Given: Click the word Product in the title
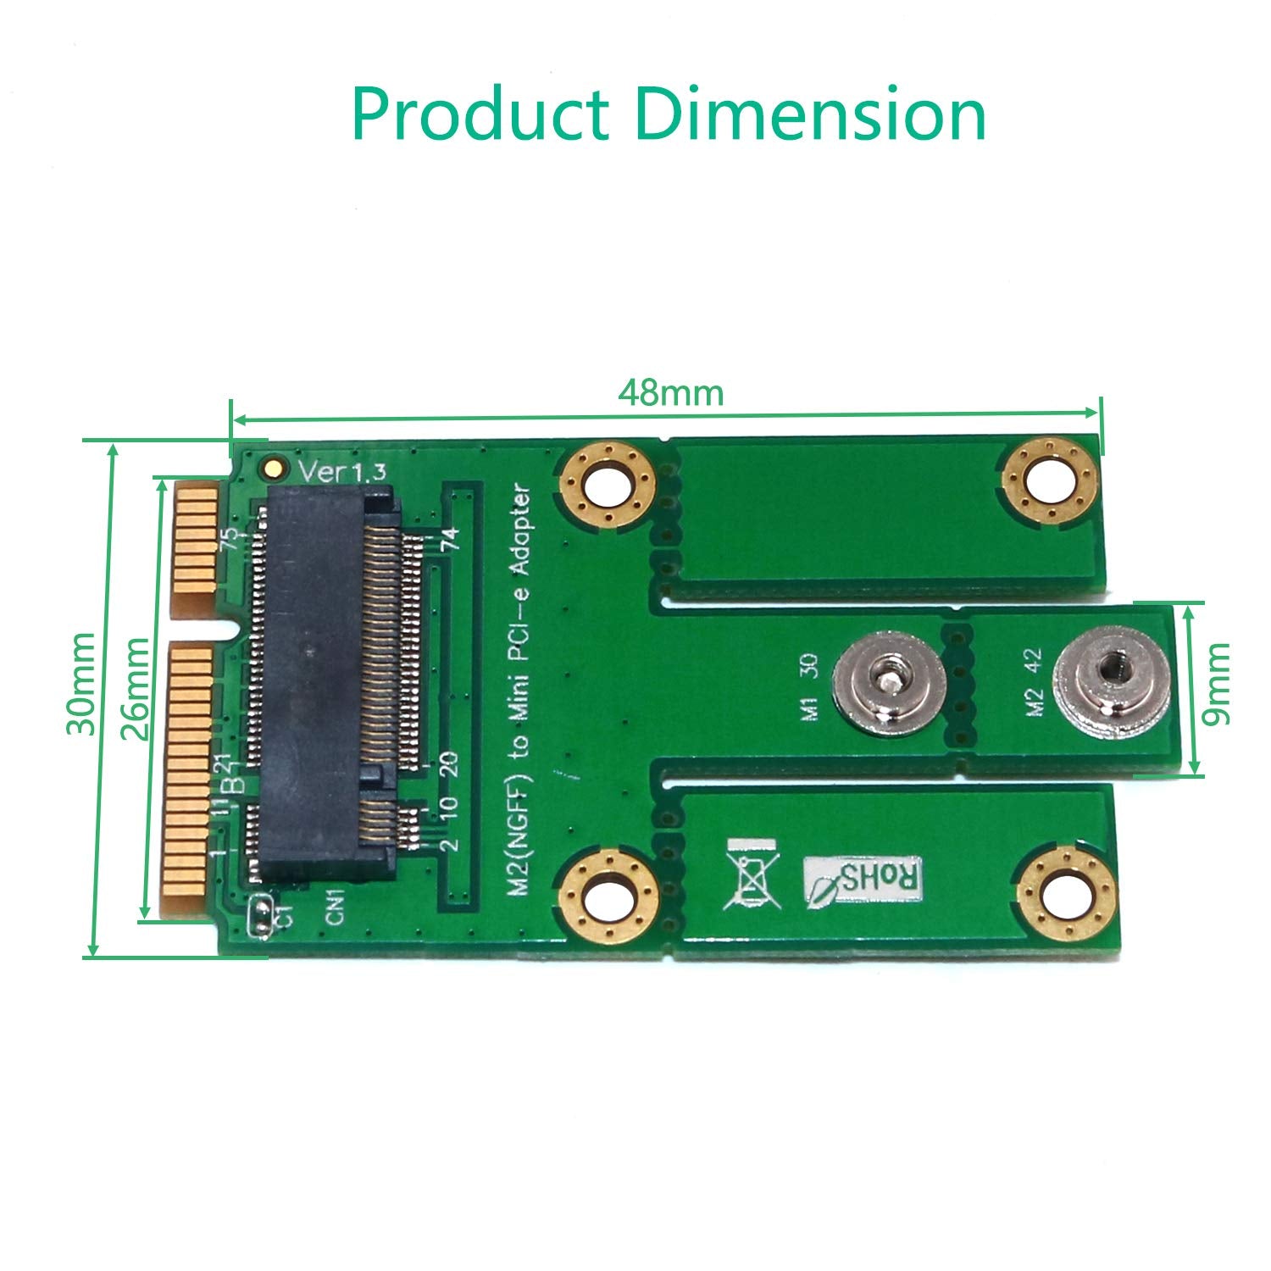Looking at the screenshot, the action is point(480,114).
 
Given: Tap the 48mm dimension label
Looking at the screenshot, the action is point(670,392).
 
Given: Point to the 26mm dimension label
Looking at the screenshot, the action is point(136,688).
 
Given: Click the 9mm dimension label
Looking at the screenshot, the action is point(1216,684).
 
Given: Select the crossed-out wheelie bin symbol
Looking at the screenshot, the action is point(750,874).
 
